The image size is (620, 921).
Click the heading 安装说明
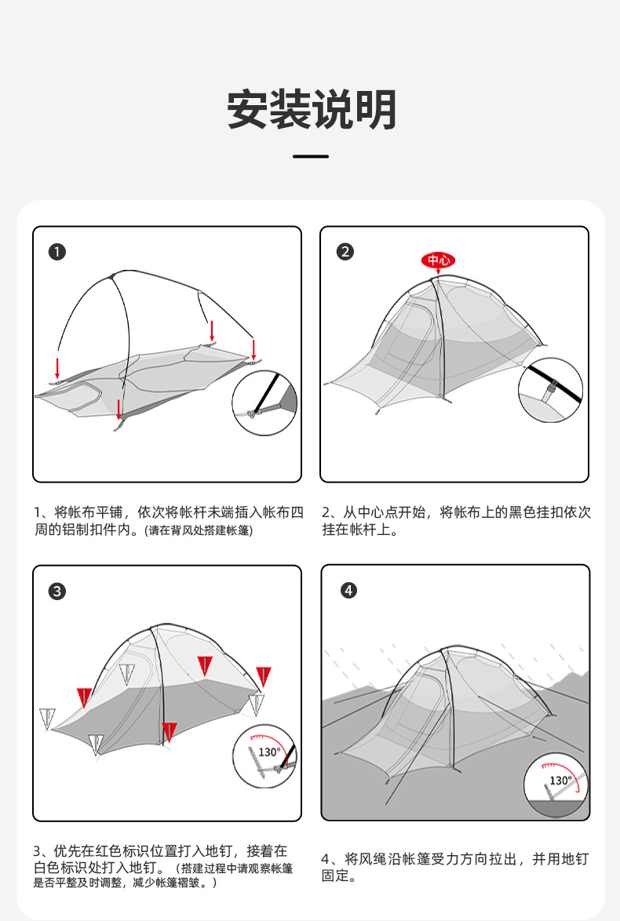312,110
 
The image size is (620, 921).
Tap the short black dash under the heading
311,157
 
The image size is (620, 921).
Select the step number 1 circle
57,252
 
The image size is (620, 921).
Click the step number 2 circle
345,252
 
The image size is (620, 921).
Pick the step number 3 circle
57,592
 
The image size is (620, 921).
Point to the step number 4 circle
349,591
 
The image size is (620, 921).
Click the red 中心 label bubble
439,260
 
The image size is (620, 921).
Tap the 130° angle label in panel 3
269,752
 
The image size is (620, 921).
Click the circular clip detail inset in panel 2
550,389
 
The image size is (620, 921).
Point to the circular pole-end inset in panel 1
264,403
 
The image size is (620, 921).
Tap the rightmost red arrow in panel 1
253,348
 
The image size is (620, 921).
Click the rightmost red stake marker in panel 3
264,675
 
